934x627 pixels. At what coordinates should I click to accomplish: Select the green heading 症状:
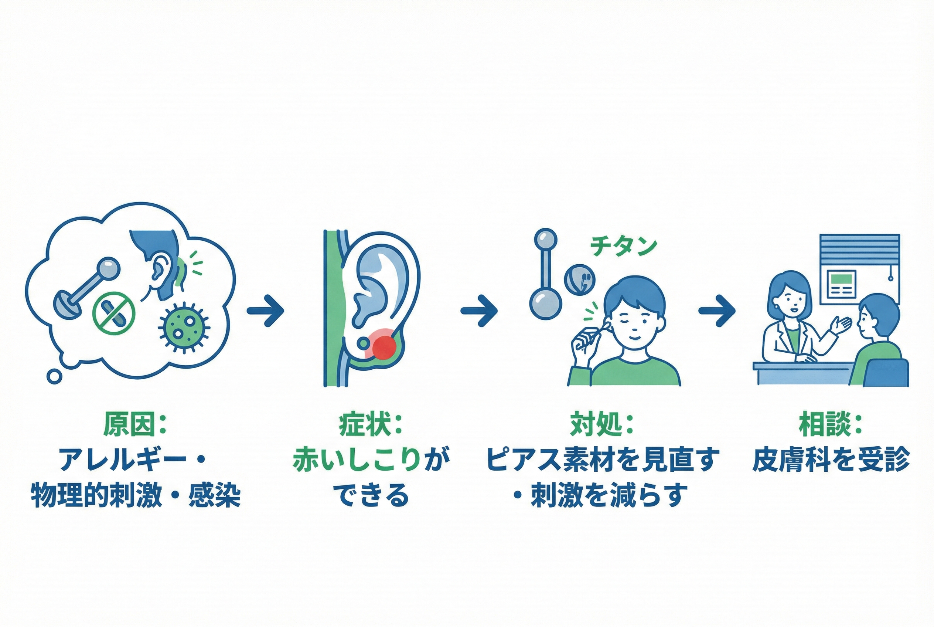tap(371, 425)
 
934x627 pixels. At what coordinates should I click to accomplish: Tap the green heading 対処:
tap(601, 425)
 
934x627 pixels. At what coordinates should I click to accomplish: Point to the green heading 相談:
tap(831, 425)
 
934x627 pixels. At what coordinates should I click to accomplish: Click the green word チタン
tap(623, 246)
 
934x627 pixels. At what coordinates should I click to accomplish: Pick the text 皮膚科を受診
tap(831, 460)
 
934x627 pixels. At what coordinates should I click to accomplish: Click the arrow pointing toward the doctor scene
tap(717, 311)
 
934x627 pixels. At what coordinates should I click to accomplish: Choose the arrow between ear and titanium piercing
tap(479, 311)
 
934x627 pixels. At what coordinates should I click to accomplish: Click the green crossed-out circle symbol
tap(113, 313)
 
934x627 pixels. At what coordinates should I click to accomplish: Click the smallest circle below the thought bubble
tap(54, 376)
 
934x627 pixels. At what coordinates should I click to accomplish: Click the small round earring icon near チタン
tap(580, 279)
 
